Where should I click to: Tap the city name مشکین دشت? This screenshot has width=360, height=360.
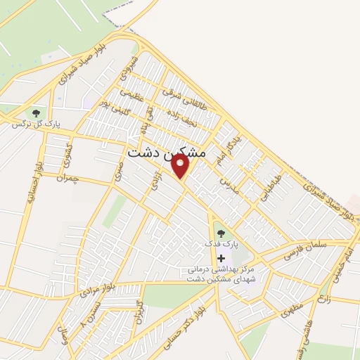167,152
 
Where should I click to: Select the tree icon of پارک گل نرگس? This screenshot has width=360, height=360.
34,112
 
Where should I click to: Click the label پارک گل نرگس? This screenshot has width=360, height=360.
35,124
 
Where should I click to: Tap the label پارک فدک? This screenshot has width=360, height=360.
221,243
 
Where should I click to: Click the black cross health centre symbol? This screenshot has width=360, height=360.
221,258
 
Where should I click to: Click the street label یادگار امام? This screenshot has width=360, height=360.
224,151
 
